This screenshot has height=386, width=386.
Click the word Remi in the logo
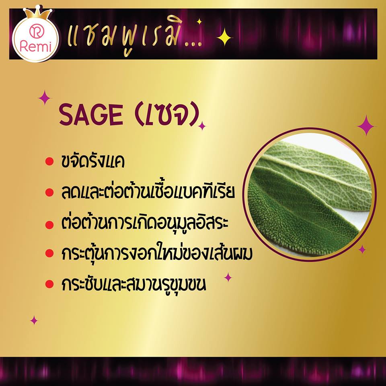(36, 46)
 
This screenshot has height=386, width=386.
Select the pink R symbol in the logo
(35, 31)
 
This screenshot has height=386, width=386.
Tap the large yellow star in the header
(224, 37)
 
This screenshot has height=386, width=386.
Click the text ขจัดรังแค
(93, 162)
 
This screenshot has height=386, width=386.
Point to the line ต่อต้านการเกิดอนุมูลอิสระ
(145, 222)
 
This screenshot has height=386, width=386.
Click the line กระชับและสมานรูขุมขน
(133, 284)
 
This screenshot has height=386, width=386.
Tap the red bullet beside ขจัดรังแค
(49, 162)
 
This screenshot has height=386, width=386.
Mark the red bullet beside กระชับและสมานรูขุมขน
(49, 284)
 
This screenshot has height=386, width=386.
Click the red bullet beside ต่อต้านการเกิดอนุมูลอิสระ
(49, 224)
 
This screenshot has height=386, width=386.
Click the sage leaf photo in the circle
(310, 195)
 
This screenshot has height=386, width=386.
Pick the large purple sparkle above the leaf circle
(366, 126)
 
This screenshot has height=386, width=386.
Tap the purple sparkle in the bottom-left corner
(34, 320)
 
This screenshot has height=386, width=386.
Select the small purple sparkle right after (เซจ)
(202, 126)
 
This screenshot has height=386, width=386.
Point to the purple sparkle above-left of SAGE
(45, 98)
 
